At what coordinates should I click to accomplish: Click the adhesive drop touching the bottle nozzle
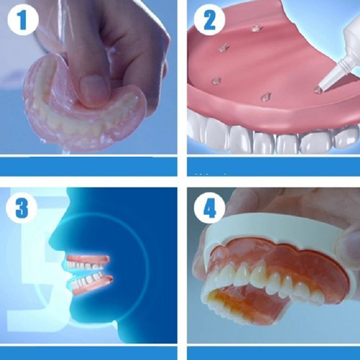pos(318,90)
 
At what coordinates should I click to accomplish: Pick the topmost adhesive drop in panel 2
pos(256,28)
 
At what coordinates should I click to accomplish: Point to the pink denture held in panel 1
pos(52,118)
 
